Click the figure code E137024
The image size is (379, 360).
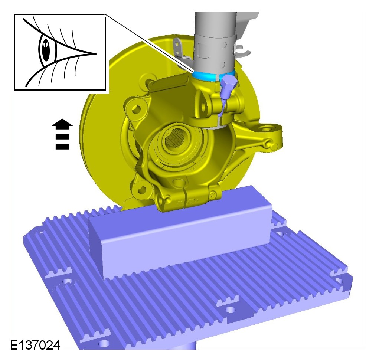35,345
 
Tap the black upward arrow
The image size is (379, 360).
62,134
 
